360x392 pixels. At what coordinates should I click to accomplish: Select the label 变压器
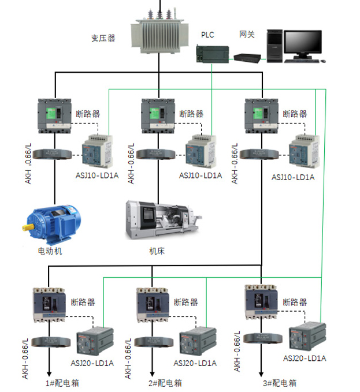click(x=103, y=39)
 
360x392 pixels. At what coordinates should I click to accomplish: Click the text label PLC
click(x=207, y=35)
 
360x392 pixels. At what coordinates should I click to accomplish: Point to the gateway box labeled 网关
click(x=247, y=57)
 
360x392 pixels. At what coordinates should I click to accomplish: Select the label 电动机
click(x=50, y=251)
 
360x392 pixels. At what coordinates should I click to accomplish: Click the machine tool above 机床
click(x=164, y=221)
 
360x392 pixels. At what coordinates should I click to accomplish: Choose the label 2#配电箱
click(x=166, y=383)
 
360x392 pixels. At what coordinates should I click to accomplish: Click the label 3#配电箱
click(x=280, y=383)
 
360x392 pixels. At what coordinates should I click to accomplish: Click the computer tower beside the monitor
click(x=274, y=44)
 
